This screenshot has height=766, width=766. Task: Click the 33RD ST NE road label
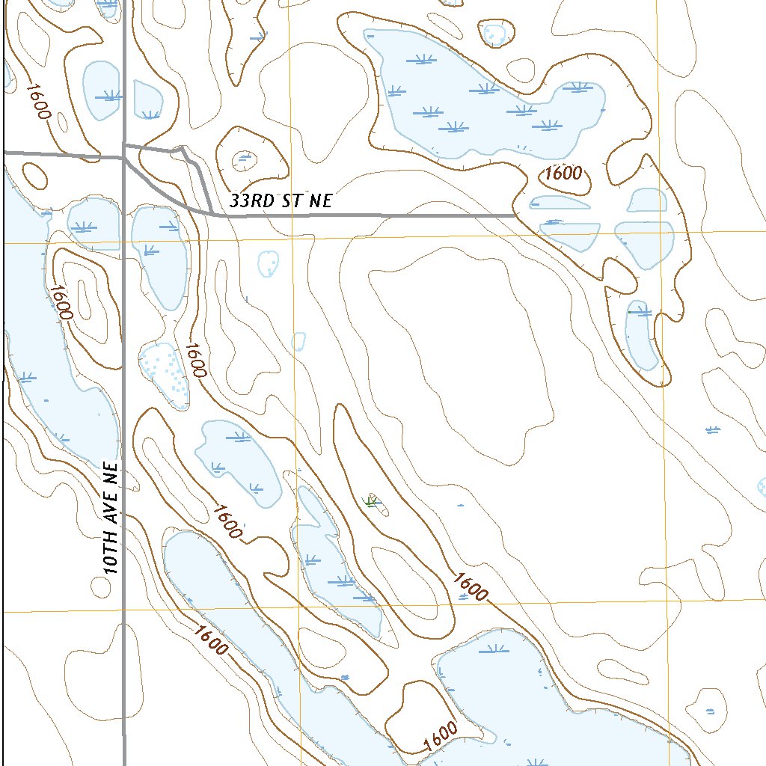(x=281, y=200)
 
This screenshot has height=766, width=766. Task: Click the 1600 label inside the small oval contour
(x=563, y=174)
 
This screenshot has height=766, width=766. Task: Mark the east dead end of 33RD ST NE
(x=515, y=215)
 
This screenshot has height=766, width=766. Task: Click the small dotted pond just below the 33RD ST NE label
(x=269, y=263)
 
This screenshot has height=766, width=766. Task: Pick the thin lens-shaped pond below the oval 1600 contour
(x=560, y=202)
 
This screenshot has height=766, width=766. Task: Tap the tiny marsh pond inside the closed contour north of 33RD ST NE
(x=243, y=159)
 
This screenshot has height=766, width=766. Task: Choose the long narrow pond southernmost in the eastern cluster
(x=642, y=337)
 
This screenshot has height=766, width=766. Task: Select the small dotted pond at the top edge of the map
(x=494, y=33)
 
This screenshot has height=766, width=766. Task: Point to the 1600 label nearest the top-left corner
(x=37, y=100)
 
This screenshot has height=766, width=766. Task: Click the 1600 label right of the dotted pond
(x=194, y=360)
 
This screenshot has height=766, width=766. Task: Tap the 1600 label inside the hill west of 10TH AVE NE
(x=61, y=301)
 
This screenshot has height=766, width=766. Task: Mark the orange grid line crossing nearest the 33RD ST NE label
(x=292, y=239)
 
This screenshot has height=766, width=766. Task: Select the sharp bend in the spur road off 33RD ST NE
(x=183, y=149)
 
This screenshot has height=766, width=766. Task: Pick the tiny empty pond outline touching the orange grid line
(x=298, y=342)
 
